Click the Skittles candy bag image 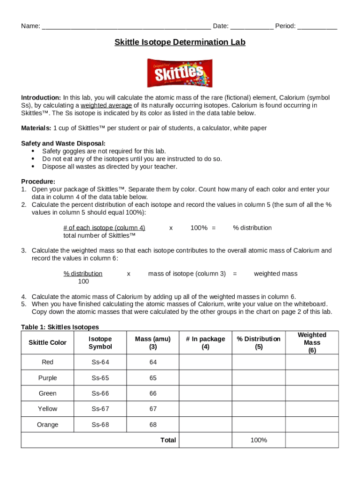coord(180,73)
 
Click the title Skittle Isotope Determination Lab coord(180,43)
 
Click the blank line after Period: coord(317,26)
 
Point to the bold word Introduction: coord(41,98)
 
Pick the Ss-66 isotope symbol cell coord(100,393)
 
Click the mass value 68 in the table coord(153,425)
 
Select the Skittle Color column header coord(48,342)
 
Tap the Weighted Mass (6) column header coord(312,342)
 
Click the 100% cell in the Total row coord(259,440)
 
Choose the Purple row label coord(48,378)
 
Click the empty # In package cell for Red coord(205,362)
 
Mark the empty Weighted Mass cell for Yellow coord(312,409)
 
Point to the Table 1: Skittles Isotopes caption coord(60,327)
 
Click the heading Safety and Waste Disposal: coord(63,143)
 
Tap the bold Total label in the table coord(168,440)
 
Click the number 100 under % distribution coord(83,281)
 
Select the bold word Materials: coord(36,128)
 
